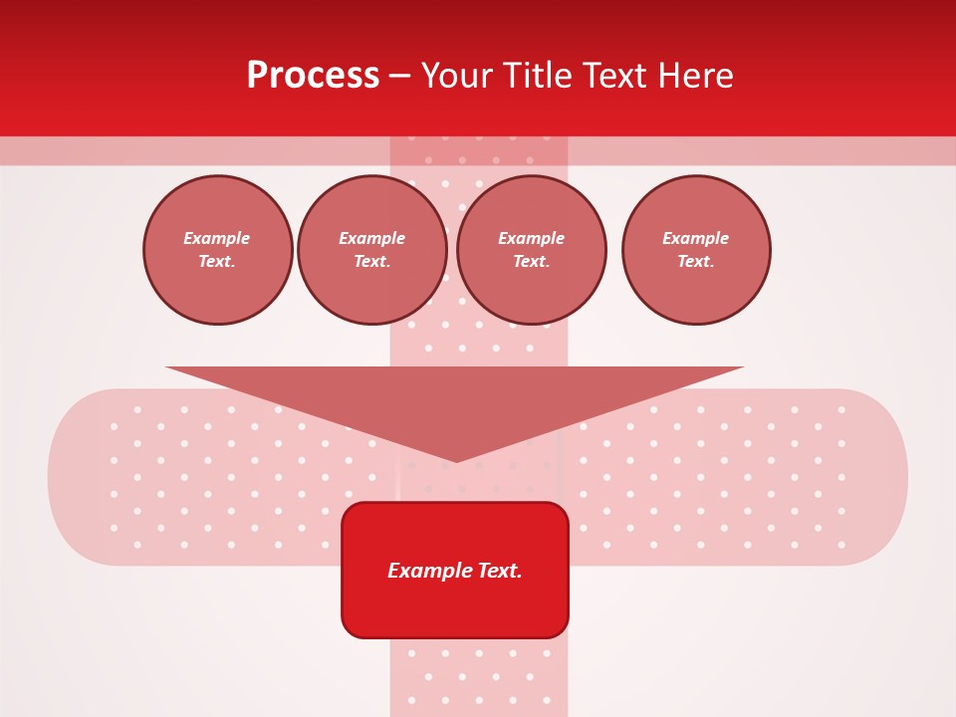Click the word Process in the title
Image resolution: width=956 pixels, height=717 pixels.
pyautogui.click(x=313, y=76)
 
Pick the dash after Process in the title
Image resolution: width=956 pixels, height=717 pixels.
pyautogui.click(x=399, y=77)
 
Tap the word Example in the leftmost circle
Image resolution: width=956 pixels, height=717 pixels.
pyautogui.click(x=217, y=239)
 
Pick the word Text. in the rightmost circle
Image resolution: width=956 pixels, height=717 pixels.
pyautogui.click(x=696, y=261)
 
